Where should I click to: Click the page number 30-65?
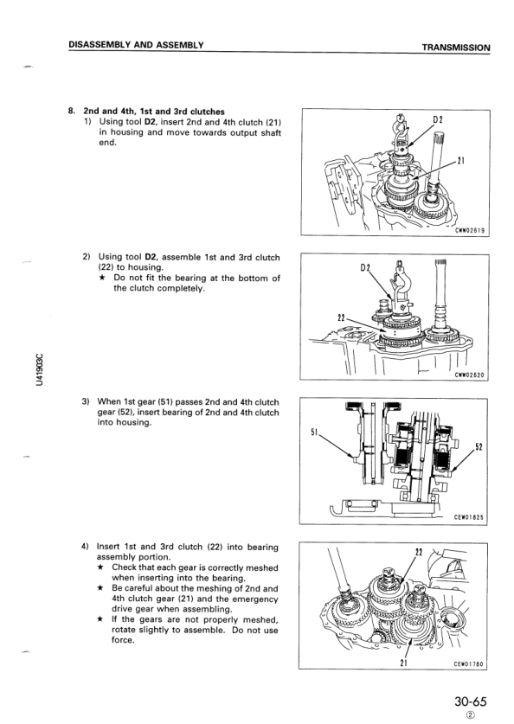[x=471, y=702]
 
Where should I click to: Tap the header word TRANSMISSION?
[x=456, y=48]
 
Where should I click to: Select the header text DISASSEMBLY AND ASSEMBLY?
[x=136, y=45]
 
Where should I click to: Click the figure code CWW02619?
[x=470, y=230]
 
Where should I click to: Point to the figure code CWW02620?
[x=469, y=375]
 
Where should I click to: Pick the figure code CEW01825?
[x=469, y=517]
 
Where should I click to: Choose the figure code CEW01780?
[x=468, y=664]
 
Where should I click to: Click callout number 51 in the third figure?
[x=314, y=432]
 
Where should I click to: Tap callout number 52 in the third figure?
[x=479, y=447]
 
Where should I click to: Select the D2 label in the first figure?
[x=438, y=120]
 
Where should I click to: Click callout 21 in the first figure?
[x=460, y=161]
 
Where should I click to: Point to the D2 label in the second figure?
[x=365, y=268]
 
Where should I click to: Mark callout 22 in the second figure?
[x=342, y=317]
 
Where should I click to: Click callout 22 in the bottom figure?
[x=419, y=552]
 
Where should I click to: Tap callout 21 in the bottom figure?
[x=403, y=663]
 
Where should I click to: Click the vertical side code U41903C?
[x=40, y=369]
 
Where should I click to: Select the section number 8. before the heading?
[x=71, y=112]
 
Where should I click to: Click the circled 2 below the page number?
[x=470, y=715]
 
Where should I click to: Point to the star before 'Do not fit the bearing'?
[x=104, y=278]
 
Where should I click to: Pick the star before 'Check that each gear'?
[x=100, y=567]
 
